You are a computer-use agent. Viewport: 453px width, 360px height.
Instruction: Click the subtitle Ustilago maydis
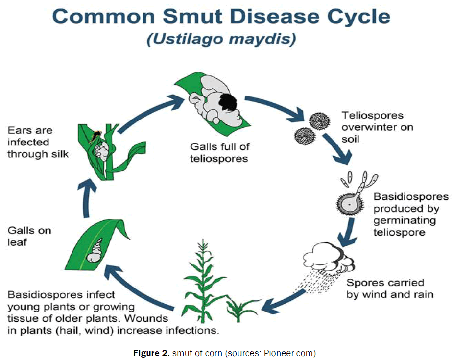pyautogui.click(x=221, y=39)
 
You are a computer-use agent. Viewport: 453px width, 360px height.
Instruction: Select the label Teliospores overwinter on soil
pyautogui.click(x=377, y=127)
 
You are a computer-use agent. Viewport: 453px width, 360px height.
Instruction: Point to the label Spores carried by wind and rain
pyautogui.click(x=385, y=289)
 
